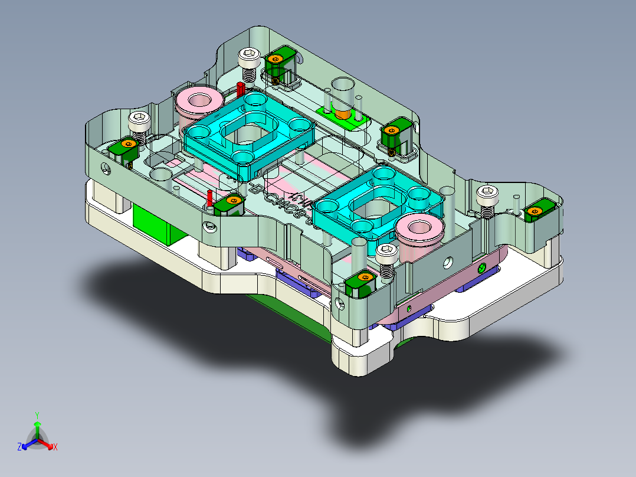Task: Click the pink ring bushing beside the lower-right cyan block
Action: [419, 230]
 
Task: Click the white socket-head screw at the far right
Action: [487, 195]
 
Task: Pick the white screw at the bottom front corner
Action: [386, 256]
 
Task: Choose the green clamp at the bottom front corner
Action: [360, 283]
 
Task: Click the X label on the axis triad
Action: [55, 447]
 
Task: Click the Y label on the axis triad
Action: [37, 415]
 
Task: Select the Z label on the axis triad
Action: [19, 447]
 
